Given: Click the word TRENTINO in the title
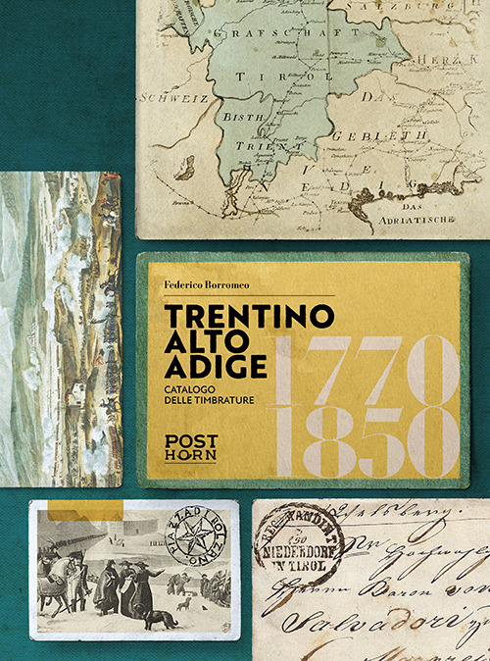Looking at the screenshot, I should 249,316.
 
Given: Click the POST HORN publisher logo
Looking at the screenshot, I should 190,447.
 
